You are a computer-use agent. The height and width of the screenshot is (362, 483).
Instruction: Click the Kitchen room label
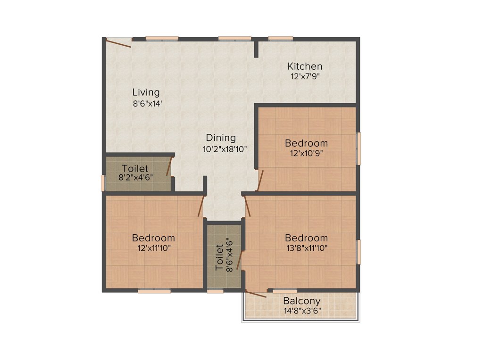point(305,66)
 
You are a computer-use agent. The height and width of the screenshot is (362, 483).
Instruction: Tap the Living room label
point(146,92)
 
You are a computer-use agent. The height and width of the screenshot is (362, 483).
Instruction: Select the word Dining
point(221,138)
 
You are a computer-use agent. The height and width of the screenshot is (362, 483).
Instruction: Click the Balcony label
point(302,301)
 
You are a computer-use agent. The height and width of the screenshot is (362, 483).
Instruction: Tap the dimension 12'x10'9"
point(306,153)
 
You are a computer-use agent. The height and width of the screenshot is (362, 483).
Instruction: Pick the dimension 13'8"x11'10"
point(306,248)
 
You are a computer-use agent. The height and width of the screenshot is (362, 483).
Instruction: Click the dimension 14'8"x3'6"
point(302,311)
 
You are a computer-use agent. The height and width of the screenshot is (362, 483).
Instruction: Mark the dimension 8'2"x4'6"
point(135,178)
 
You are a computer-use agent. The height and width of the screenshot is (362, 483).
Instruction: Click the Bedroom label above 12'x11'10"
point(153,238)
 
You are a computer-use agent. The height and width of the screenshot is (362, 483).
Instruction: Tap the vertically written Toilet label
point(220,257)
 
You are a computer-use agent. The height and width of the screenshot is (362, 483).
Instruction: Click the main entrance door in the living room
point(118,43)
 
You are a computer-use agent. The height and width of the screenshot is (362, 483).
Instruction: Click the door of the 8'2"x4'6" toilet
point(169,167)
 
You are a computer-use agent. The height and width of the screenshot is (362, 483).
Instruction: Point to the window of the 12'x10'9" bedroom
point(358,148)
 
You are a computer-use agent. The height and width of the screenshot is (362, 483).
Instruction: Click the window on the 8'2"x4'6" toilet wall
point(103,183)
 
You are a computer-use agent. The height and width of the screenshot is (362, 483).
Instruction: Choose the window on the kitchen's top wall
point(281,38)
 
